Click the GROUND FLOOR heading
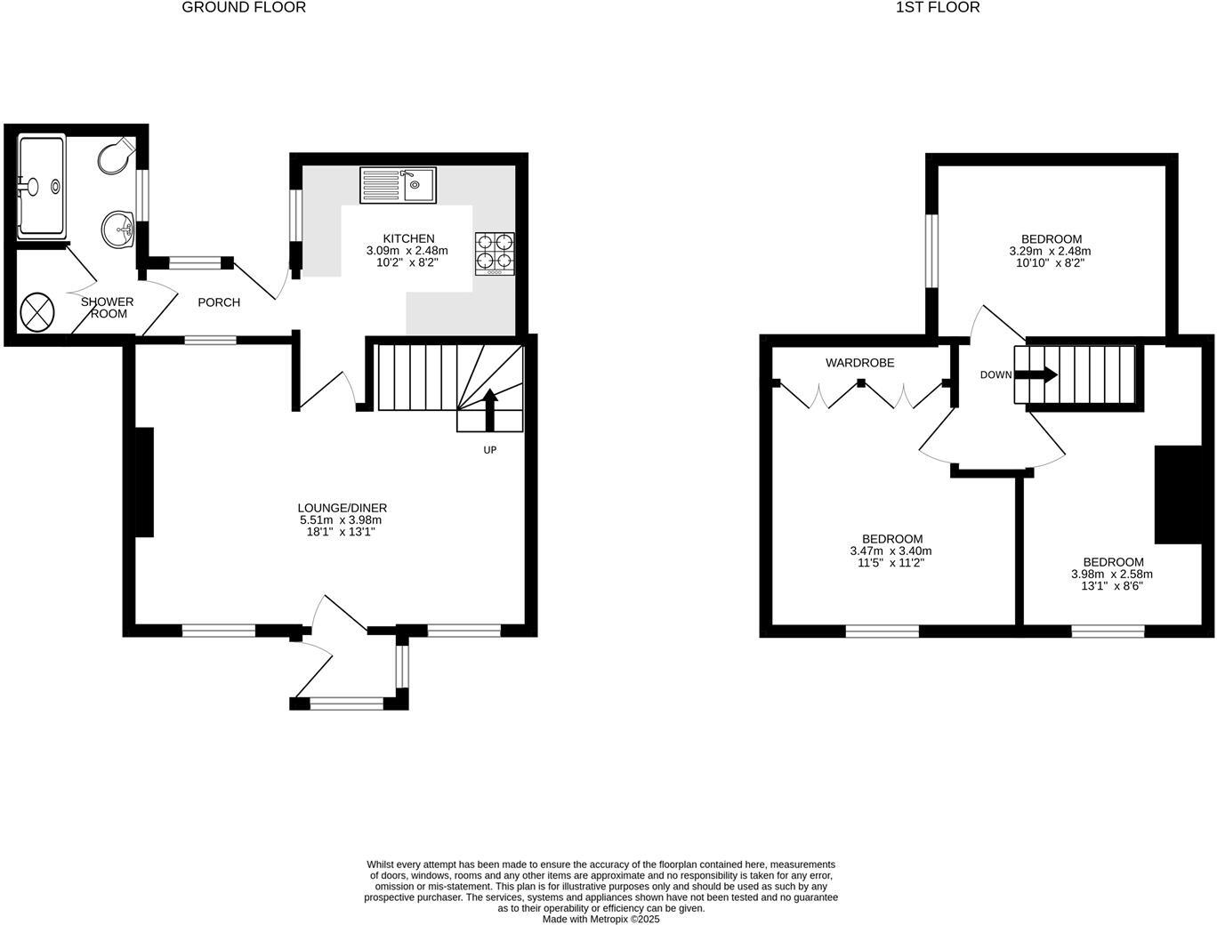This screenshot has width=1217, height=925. coord(243,8)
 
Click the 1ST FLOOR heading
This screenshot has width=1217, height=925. coord(937,8)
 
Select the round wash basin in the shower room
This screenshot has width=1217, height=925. coord(117,230)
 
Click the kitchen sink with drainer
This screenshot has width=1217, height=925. coord(398,185)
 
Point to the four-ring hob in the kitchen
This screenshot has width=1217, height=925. coord(495,253)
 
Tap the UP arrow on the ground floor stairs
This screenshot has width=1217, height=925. coord(488,410)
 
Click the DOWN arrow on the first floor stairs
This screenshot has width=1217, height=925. coord(1036,374)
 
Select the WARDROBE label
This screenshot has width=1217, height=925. coord(859,363)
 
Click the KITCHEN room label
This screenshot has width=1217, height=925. coord(408,238)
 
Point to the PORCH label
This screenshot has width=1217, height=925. coord(219,302)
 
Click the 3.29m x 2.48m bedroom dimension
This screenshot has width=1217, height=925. coord(1051,251)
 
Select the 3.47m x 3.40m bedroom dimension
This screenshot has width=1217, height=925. coord(891,551)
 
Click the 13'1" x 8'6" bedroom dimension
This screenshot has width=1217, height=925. coord(1112,586)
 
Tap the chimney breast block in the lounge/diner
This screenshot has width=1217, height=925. coord(143,482)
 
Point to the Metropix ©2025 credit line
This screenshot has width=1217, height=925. coord(601,920)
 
